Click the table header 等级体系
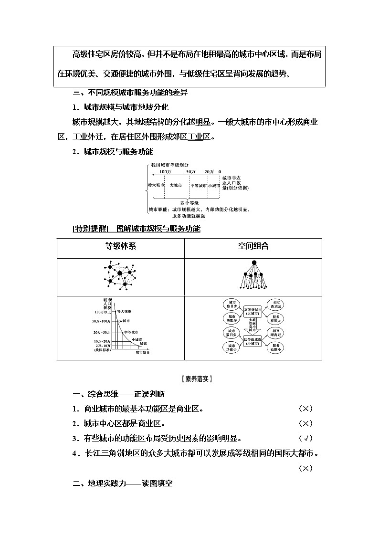(x=120, y=247)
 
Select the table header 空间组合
(x=253, y=247)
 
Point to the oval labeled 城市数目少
(x=232, y=304)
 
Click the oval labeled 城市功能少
(x=232, y=347)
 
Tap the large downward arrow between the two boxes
(x=253, y=327)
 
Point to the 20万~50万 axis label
(x=102, y=332)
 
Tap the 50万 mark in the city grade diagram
(x=190, y=171)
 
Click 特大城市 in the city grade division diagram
(x=156, y=185)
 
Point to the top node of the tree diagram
(x=254, y=263)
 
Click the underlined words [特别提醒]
(x=91, y=229)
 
